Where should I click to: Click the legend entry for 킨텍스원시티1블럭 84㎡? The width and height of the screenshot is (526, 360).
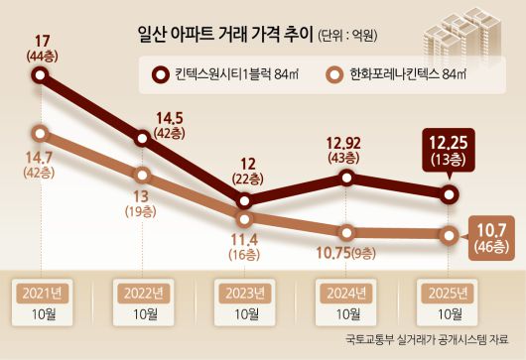(x=229, y=73)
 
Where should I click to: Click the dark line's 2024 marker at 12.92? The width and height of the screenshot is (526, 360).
(x=346, y=178)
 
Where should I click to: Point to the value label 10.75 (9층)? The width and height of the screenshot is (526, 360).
(x=346, y=254)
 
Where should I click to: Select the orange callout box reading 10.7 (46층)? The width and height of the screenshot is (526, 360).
(x=493, y=236)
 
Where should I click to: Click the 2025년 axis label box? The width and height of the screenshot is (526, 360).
(x=448, y=294)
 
